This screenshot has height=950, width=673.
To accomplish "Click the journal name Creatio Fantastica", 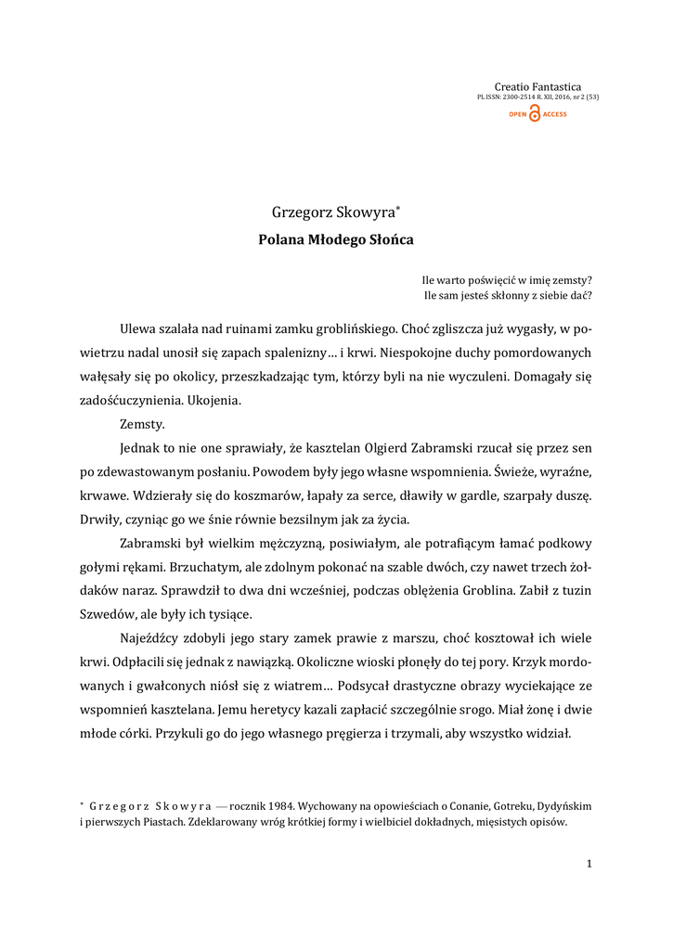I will [537, 86].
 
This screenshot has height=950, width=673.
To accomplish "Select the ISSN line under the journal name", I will [537, 96].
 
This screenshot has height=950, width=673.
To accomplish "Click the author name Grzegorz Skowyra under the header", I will [331, 212].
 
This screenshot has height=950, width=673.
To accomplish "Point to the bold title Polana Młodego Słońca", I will [335, 239].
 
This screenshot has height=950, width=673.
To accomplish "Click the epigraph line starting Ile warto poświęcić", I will [507, 279].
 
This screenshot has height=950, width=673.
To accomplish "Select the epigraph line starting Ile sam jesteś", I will [507, 296].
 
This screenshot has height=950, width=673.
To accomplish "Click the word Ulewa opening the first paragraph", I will [138, 328].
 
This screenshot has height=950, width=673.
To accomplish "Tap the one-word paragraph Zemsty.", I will [142, 424].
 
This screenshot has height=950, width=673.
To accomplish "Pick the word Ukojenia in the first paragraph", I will [214, 401].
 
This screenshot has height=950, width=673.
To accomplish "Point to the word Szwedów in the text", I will [123, 615].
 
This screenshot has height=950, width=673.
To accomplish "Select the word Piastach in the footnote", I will [162, 822].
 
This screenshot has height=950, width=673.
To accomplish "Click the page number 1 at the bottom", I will [589, 865].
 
